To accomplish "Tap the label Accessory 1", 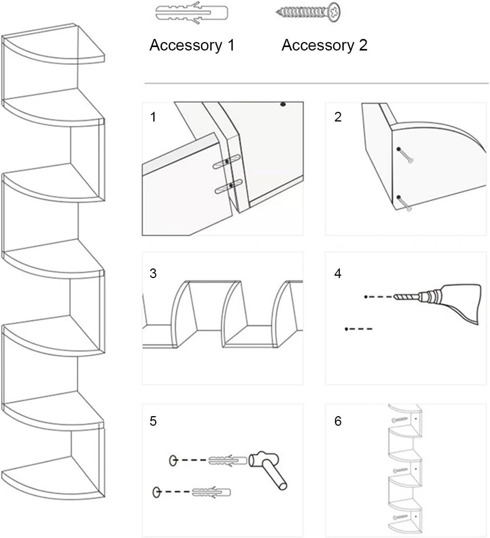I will pyautogui.click(x=192, y=45).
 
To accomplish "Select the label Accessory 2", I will pyautogui.click(x=324, y=45).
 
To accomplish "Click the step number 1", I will pyautogui.click(x=153, y=117).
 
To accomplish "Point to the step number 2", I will pyautogui.click(x=338, y=117).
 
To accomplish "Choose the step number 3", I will pyautogui.click(x=153, y=273).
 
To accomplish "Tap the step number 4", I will pyautogui.click(x=338, y=273).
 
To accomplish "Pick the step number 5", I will pyautogui.click(x=153, y=421).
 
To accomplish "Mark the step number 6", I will pyautogui.click(x=338, y=421).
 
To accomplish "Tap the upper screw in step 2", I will pyautogui.click(x=406, y=156).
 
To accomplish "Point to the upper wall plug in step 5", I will pyautogui.click(x=228, y=460).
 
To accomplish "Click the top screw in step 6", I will pyautogui.click(x=399, y=419).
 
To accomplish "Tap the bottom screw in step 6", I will pyautogui.click(x=399, y=516).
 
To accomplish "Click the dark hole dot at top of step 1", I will pyautogui.click(x=283, y=104).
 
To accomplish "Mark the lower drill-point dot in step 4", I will pyautogui.click(x=347, y=329).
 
